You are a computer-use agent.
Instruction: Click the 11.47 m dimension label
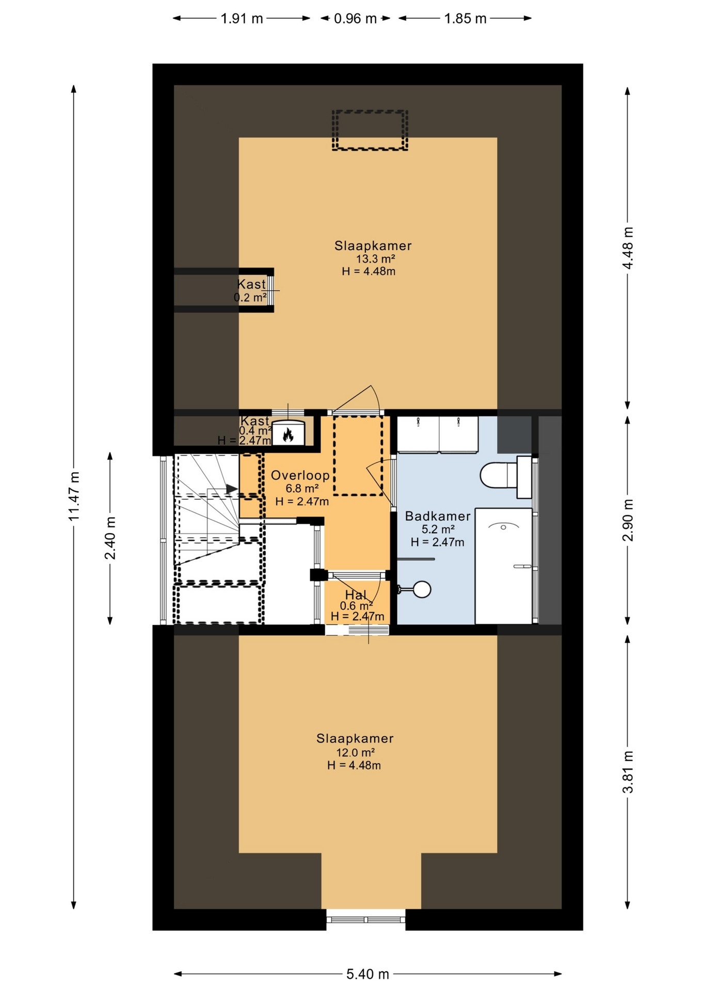click(74, 496)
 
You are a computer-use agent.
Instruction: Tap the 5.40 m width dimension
click(368, 974)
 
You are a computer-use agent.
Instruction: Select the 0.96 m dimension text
click(355, 19)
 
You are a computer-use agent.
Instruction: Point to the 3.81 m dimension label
click(628, 772)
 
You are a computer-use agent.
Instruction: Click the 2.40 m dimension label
click(110, 538)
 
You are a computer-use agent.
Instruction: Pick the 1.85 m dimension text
click(465, 19)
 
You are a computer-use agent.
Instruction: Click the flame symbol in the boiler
click(288, 435)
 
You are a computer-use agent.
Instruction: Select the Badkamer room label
click(437, 516)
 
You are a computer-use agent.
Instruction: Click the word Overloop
click(300, 475)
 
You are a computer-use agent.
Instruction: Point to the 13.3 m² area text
click(375, 259)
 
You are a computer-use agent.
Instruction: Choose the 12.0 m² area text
click(355, 752)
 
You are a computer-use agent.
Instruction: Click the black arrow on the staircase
click(232, 488)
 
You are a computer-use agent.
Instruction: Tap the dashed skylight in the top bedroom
click(370, 130)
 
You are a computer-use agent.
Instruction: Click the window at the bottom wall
click(366, 920)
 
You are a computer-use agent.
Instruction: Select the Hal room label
click(356, 595)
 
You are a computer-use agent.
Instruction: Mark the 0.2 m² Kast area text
click(250, 298)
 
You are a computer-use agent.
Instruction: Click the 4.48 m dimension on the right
click(628, 248)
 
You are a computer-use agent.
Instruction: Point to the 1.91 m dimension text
click(242, 19)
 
